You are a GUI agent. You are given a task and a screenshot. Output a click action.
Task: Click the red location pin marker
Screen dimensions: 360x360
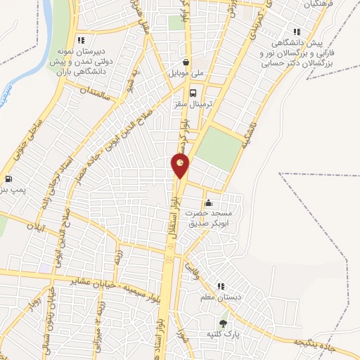tap(181, 166)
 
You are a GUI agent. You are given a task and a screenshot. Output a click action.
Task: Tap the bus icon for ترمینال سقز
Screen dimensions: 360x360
tap(193, 91)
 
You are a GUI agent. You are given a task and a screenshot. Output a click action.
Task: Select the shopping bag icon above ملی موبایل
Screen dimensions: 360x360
tap(186, 61)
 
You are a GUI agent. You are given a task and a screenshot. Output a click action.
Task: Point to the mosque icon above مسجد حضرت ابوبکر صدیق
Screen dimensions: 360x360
tap(207, 203)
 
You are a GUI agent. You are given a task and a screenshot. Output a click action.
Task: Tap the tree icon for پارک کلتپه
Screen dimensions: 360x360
tap(224, 323)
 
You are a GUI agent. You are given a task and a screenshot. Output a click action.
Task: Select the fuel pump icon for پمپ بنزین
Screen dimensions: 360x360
tap(8, 179)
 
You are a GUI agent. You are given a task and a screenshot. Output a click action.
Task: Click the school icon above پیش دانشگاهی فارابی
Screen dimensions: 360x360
tap(298, 31)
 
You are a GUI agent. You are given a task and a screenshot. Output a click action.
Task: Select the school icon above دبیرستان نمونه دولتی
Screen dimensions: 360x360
tap(81, 40)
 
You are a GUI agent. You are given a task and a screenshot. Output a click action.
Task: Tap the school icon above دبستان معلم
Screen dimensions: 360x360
tap(221, 286)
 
